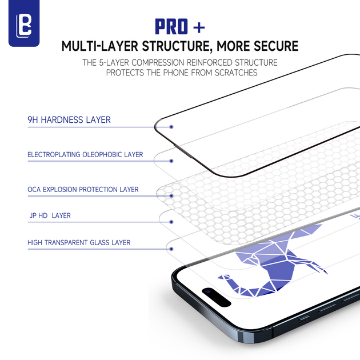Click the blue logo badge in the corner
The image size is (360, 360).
(x=24, y=24)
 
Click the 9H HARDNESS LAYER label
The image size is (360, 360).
(x=69, y=120)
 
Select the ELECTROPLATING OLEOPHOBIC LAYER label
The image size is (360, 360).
(x=85, y=155)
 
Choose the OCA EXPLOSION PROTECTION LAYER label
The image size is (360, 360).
(x=83, y=189)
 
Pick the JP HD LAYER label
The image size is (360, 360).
(x=50, y=216)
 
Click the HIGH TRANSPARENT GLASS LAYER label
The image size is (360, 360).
(x=79, y=243)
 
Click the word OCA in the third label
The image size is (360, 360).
(x=34, y=189)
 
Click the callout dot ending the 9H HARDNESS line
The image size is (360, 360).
(x=171, y=127)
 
